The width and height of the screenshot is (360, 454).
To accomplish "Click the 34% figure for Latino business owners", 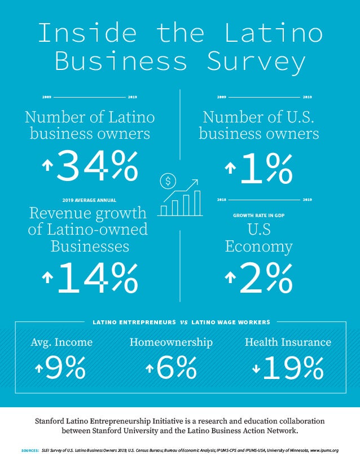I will click(97, 166).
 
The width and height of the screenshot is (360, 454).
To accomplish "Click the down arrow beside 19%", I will click(256, 369).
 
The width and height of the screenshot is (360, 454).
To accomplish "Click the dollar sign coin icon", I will click(168, 181).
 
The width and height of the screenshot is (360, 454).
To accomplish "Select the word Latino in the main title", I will click(275, 33).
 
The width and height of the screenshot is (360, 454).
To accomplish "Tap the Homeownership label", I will click(171, 342).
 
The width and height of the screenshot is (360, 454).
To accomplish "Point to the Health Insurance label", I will click(288, 342).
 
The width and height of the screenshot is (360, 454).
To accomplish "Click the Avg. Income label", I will click(62, 342).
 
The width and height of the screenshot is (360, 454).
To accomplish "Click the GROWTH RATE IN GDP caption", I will click(258, 215).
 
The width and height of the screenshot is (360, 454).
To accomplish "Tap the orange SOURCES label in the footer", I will click(29, 450).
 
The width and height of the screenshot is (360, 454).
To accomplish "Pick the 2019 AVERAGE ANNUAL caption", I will click(89, 200).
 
